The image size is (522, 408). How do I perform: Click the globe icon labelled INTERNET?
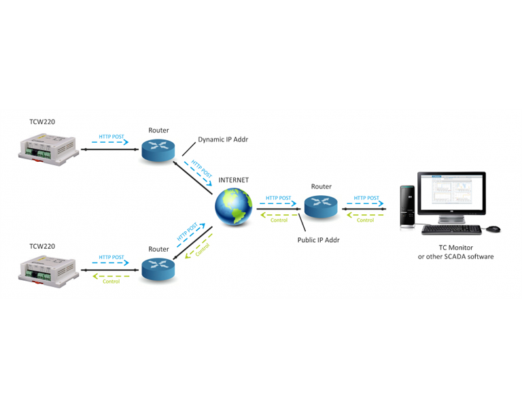[x=233, y=207]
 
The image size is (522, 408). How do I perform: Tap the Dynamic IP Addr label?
[x=222, y=139]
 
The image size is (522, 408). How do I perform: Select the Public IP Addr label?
[x=318, y=239]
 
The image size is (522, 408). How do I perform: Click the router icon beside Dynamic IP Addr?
[x=158, y=150]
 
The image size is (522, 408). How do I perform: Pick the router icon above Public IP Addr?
[x=321, y=206]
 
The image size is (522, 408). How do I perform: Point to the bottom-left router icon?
[x=158, y=269]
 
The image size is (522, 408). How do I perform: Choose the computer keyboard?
[x=451, y=230]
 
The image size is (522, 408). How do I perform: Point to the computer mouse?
[x=493, y=228]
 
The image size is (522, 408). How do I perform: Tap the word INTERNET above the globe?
[x=233, y=180]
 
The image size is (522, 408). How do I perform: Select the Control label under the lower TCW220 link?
[x=111, y=281]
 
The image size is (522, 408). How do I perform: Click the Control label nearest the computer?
[x=366, y=220]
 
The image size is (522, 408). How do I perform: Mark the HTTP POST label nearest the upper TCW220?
[x=111, y=136]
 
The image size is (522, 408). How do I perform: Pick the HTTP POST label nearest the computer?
[x=366, y=198]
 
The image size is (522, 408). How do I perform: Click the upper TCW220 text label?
[x=42, y=122]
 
